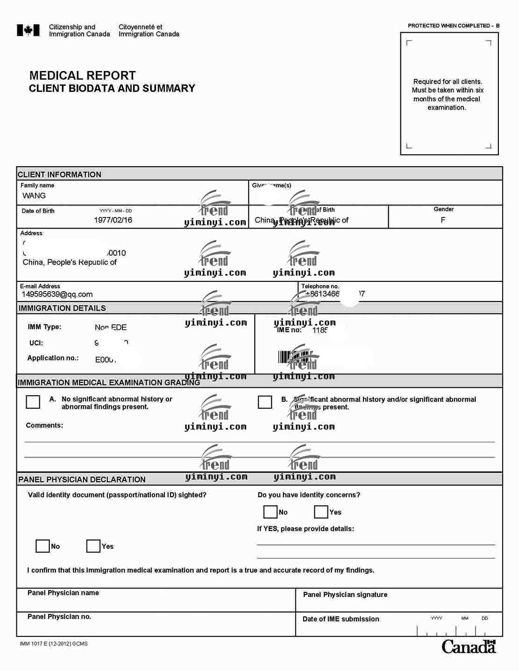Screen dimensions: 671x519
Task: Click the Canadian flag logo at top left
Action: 28,30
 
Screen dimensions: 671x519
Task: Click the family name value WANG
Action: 34,196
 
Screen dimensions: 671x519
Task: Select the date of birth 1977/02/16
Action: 113,220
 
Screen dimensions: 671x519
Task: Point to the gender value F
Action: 443,220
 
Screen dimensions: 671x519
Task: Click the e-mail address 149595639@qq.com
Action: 57,294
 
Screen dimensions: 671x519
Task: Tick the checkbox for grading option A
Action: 33,402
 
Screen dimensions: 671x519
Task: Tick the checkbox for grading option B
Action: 265,402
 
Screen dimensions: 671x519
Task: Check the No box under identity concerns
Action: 270,512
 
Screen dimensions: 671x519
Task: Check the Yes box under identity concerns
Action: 321,512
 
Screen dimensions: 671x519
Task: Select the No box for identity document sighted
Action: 43,546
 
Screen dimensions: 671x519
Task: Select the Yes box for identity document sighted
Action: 93,546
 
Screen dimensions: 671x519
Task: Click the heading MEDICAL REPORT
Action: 82,76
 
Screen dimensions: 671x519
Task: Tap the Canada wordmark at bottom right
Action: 469,647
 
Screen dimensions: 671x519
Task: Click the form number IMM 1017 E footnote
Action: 54,644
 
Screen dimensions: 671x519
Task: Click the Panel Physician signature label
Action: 345,594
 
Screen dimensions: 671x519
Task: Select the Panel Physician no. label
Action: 59,617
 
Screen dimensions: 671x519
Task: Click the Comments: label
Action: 44,425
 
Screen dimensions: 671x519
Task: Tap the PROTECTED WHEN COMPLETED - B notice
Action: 453,26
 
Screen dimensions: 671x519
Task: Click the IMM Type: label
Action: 44,327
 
